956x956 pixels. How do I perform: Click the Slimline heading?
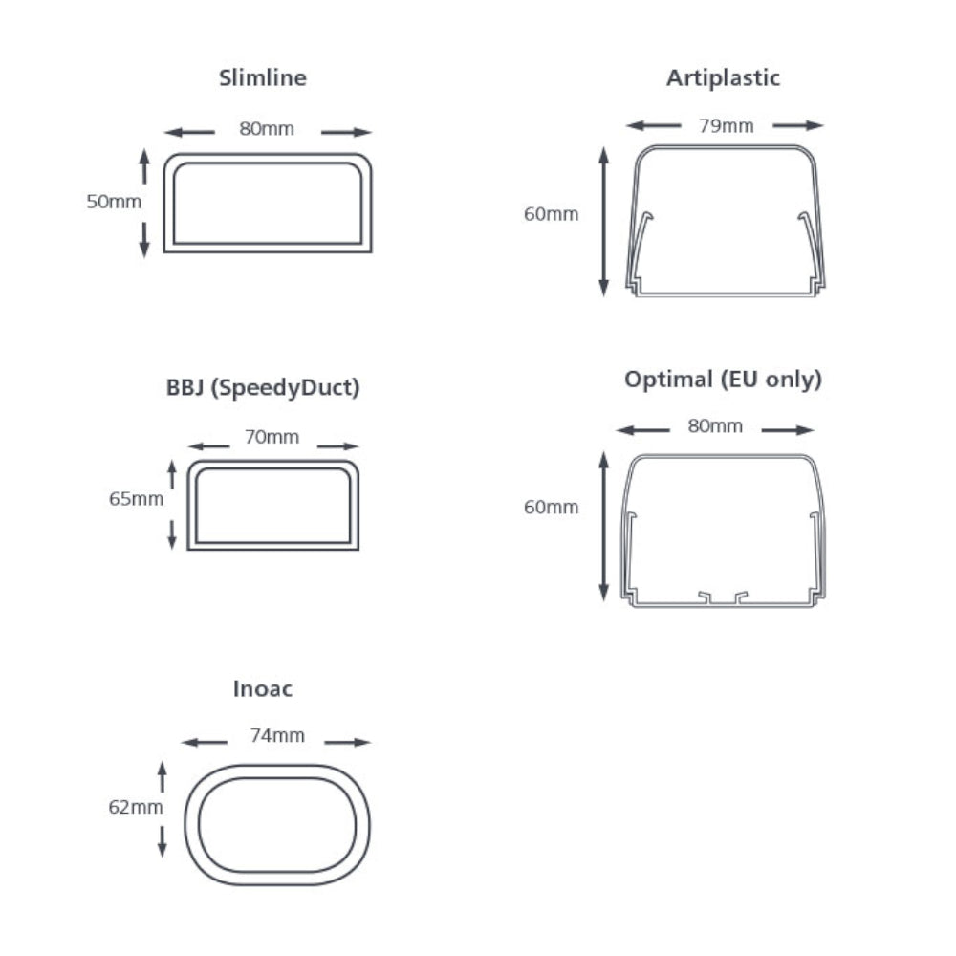click(263, 78)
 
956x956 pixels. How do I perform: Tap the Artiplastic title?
click(723, 78)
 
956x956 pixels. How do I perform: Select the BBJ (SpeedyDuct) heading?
click(263, 388)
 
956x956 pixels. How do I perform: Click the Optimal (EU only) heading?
click(723, 380)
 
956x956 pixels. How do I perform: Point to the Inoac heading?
click(263, 689)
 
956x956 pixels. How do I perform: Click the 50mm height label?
click(114, 202)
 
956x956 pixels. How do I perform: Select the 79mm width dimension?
click(727, 126)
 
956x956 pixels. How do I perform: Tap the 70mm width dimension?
click(272, 437)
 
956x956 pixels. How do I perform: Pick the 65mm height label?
click(136, 499)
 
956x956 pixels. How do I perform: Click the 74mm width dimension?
click(277, 736)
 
